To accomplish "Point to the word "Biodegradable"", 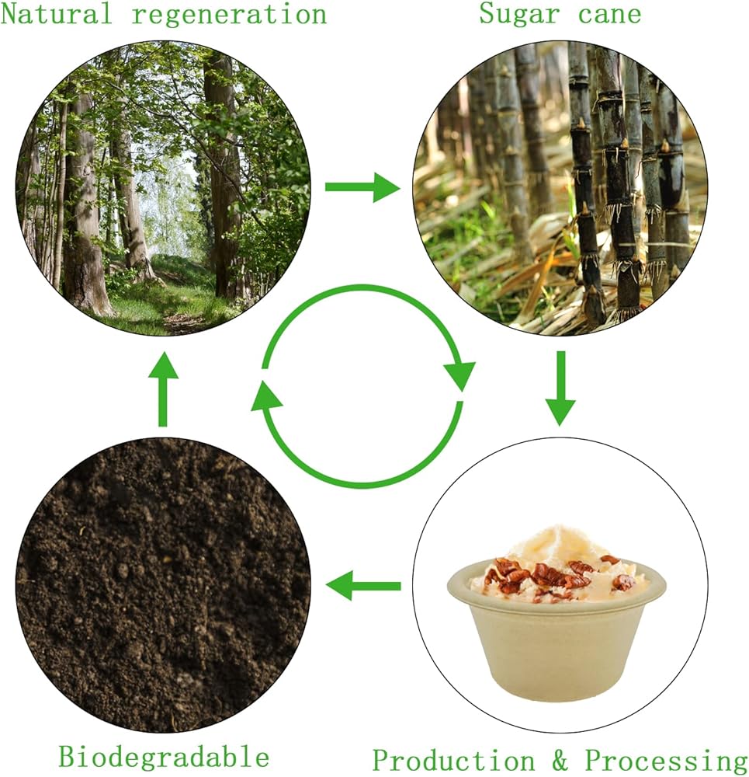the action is point(164,756).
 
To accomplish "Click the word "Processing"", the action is point(665,759).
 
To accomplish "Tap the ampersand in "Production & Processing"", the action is point(559,759).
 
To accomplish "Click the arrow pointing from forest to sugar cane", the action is point(361,187).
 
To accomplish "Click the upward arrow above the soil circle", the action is point(162,388).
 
